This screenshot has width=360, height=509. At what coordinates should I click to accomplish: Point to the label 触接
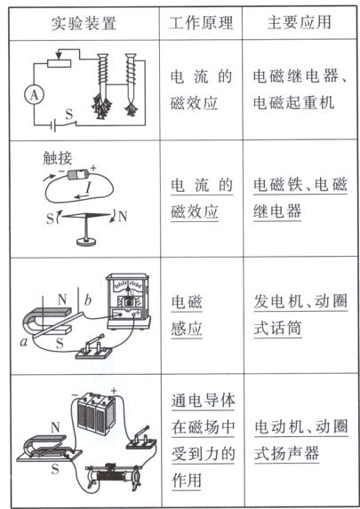pos(57,157)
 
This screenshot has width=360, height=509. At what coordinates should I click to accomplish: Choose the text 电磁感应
pos(188,316)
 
